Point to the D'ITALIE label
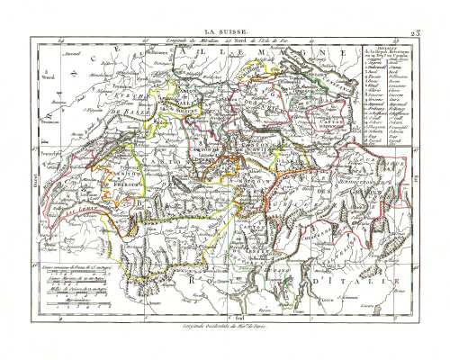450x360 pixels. [378, 286]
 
